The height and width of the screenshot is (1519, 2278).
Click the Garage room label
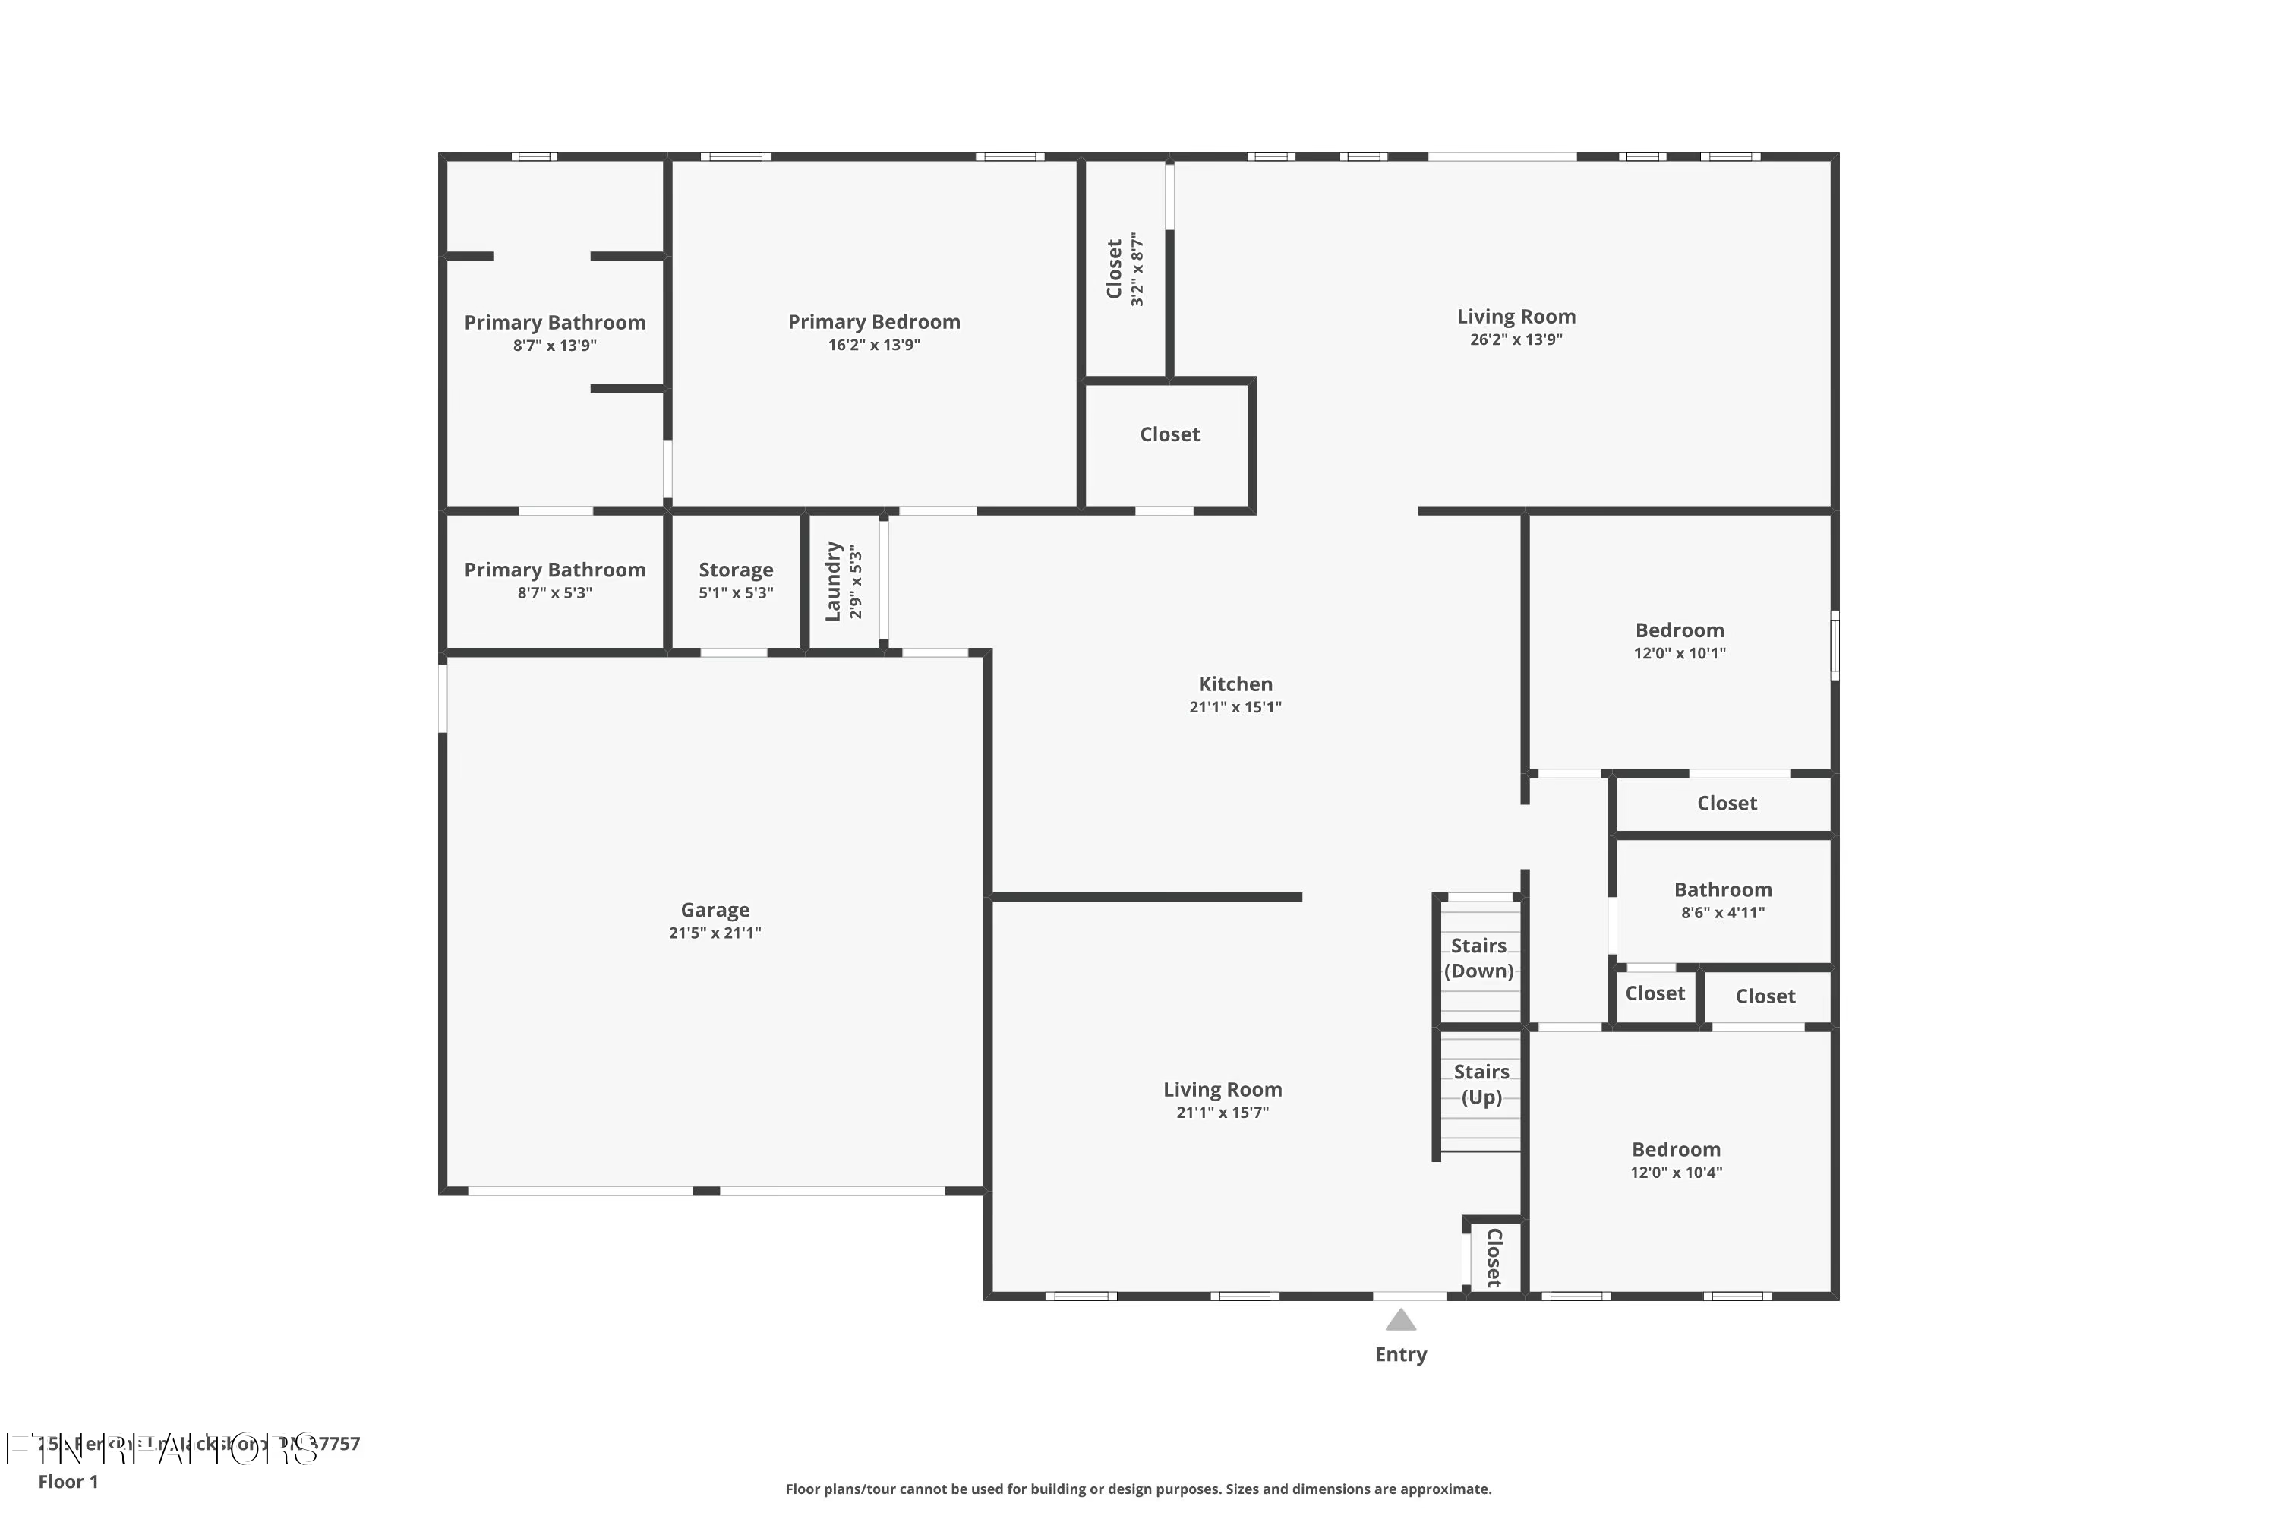pos(715,910)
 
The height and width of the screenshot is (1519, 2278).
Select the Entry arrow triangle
pos(1400,1321)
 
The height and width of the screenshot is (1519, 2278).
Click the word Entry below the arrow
pos(1400,1354)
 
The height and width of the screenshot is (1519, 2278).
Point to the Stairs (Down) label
pos(1478,958)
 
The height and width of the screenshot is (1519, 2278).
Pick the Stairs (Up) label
pos(1481,1084)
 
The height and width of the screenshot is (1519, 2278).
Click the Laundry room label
pos(833,581)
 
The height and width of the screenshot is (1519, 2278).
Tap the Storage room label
pos(736,570)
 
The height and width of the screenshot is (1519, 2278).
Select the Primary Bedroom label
pos(874,321)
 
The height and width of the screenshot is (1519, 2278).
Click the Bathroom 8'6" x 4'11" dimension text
pos(1722,913)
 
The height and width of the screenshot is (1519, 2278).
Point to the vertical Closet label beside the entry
pos(1494,1258)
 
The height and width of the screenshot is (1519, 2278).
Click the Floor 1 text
pos(68,1481)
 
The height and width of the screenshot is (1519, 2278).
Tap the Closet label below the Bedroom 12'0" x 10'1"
pos(1726,803)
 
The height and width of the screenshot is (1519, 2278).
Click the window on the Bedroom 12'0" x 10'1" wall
pos(1835,644)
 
